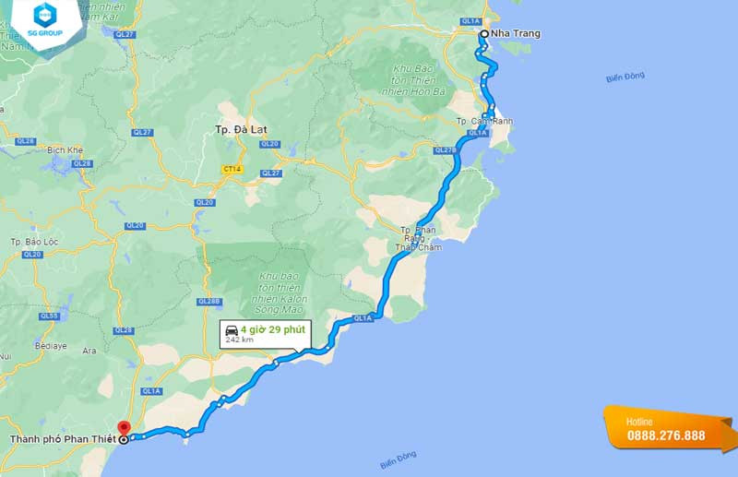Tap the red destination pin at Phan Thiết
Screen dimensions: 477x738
click(x=124, y=429)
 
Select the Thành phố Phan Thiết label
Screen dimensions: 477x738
click(x=62, y=439)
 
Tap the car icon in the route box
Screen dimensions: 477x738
click(x=232, y=329)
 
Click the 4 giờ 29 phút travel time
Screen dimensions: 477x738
click(x=272, y=328)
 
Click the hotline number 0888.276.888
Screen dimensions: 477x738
click(x=666, y=435)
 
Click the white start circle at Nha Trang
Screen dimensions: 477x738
click(x=483, y=33)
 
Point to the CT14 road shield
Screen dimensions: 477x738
click(x=231, y=170)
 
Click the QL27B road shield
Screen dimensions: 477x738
click(x=446, y=149)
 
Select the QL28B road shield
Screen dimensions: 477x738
click(x=208, y=301)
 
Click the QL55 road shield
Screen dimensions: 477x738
click(x=49, y=316)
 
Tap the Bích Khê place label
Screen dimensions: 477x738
click(x=65, y=149)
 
